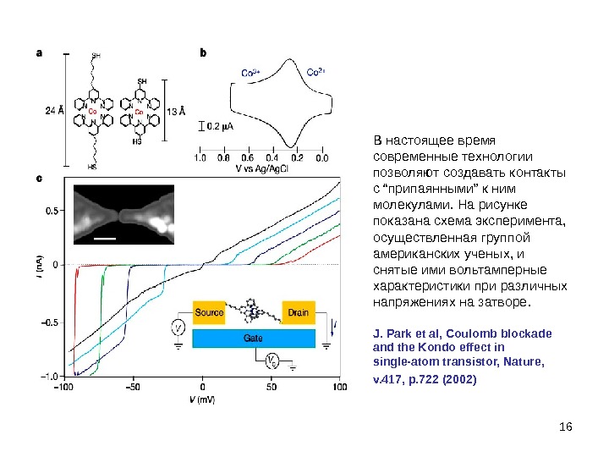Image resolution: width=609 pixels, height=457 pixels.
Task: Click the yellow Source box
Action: [210, 312]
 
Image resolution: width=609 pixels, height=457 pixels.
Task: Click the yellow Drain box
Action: [298, 312]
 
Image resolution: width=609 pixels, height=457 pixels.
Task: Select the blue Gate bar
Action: [253, 338]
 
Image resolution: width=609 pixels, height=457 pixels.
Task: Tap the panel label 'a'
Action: [38, 52]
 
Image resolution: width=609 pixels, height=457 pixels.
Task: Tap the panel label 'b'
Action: [202, 52]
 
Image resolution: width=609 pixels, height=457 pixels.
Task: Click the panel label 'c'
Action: [38, 179]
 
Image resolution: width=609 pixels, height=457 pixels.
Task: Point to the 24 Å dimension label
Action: [54, 110]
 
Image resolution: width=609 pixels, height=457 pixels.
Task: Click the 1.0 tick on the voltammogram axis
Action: [201, 157]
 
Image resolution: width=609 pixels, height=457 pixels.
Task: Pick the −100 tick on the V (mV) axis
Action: [63, 387]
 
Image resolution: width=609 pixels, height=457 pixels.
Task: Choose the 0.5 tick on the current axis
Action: [52, 209]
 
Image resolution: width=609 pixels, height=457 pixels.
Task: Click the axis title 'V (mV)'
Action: [201, 398]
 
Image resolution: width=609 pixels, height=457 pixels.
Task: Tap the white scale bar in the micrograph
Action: [104, 240]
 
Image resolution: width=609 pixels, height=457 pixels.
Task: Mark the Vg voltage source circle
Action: [272, 361]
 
